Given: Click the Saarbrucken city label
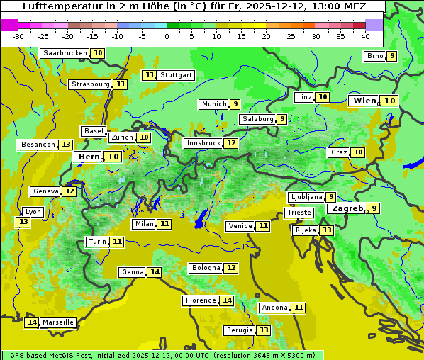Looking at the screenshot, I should tap(65, 53).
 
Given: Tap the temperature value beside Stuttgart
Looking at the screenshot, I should tap(149, 75).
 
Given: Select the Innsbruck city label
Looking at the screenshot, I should tap(203, 143).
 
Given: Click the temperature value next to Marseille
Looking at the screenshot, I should tap(31, 322).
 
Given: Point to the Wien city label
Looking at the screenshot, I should tap(364, 101).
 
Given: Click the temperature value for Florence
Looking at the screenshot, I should tap(227, 300).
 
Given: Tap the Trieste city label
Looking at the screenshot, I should tap(299, 213).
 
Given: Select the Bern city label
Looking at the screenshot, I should tap(89, 157).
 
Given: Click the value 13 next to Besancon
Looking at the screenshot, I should tap(66, 145).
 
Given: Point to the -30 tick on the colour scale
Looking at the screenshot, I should tap(18, 36).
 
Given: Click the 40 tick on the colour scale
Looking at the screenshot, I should tap(365, 36).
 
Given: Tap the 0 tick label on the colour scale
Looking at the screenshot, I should tap(167, 36).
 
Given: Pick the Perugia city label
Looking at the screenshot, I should tap(239, 330).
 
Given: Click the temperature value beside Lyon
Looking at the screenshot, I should tap(23, 222).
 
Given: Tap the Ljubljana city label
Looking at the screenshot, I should tap(306, 197).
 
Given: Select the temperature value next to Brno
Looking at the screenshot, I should tap(391, 56).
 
